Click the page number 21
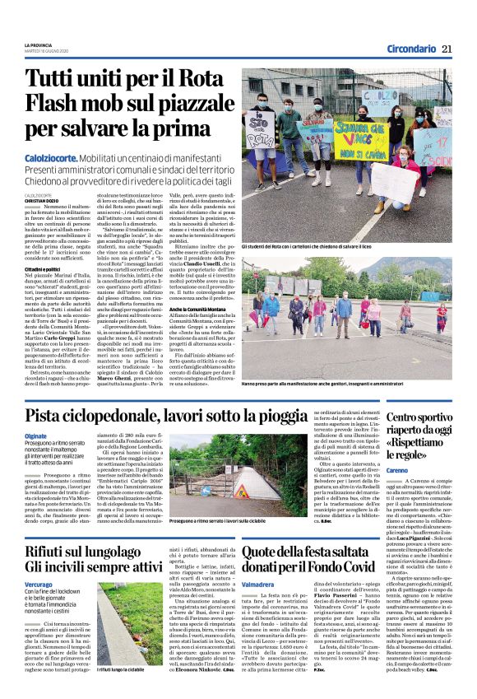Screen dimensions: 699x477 447,49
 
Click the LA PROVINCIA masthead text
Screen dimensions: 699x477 39,44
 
